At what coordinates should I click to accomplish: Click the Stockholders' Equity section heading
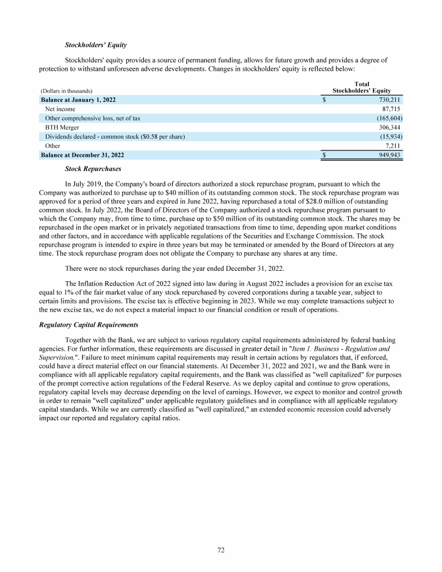click(x=96, y=44)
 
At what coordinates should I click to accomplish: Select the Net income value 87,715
click(x=391, y=109)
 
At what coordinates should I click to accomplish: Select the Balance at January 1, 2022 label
click(x=78, y=100)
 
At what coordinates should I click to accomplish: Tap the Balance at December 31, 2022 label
click(x=82, y=155)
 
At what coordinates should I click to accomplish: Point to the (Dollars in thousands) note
click(x=67, y=91)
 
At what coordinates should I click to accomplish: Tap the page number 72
click(x=221, y=550)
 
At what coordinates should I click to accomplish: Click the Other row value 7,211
click(x=393, y=146)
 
